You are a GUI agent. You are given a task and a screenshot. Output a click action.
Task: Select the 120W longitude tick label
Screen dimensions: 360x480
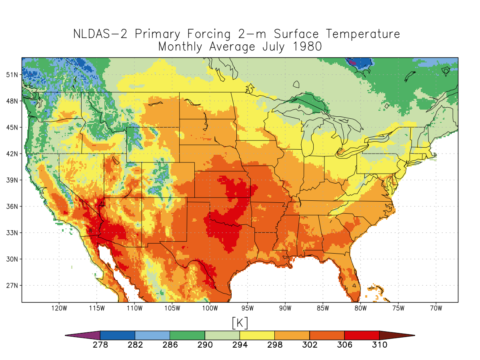click(x=59, y=308)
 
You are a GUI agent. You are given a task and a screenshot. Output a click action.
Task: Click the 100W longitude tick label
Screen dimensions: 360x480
click(x=210, y=308)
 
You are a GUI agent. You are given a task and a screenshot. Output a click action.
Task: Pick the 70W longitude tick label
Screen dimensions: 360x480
click(x=436, y=308)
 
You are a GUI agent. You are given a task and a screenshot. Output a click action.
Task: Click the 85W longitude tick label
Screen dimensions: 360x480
click(x=322, y=308)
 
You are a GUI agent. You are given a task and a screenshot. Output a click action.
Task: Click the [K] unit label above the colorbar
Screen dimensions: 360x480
click(x=240, y=322)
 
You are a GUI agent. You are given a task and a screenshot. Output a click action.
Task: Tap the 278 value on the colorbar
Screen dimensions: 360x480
click(x=100, y=345)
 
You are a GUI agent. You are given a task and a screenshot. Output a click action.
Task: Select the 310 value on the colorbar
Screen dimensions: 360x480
click(x=379, y=345)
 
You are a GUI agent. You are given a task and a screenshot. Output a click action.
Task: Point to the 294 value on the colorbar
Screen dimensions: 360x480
click(x=240, y=345)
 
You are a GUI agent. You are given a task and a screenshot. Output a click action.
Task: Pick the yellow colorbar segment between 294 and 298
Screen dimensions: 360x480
click(x=257, y=335)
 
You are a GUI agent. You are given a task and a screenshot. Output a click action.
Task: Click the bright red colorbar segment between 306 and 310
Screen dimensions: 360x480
click(x=362, y=335)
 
